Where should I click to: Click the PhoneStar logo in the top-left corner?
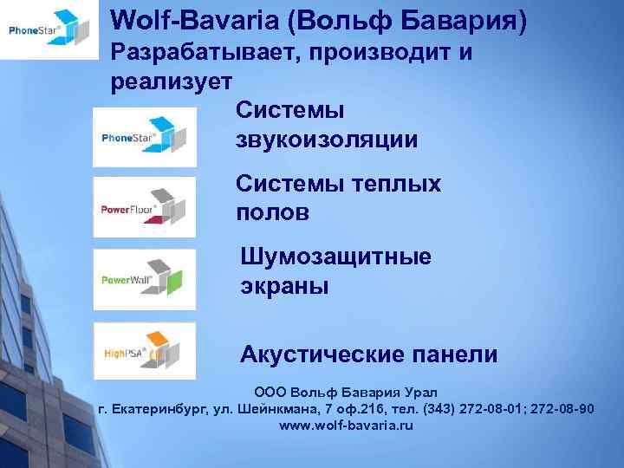point(49,30)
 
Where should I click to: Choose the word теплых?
point(398,184)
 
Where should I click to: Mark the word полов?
point(271,213)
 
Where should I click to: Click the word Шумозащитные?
point(335,257)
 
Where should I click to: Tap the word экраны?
point(284,286)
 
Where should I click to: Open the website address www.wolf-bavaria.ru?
point(346,426)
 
